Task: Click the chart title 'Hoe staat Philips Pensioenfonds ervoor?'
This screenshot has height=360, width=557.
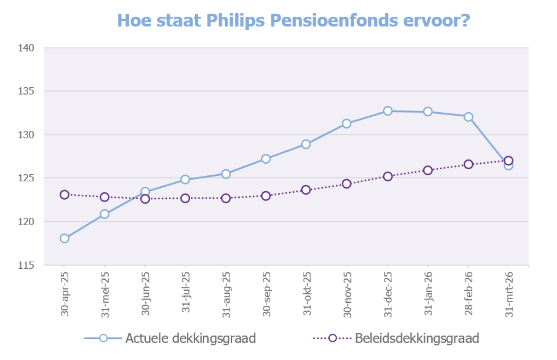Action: point(293,20)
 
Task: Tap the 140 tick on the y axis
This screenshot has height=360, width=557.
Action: point(26,48)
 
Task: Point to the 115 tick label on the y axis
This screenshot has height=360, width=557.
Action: point(26,265)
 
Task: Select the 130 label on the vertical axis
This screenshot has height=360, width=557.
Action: point(26,135)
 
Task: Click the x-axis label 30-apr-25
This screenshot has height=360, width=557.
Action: point(65,294)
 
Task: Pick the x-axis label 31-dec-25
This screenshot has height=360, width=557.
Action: point(388,294)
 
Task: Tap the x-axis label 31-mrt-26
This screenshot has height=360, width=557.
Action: point(509,294)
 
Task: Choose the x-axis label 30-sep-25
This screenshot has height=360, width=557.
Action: point(267,294)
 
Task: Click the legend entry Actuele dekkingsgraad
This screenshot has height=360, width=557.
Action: point(190,338)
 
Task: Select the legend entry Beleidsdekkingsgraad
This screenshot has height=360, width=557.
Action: point(416,338)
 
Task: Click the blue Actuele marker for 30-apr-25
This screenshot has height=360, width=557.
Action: point(65,238)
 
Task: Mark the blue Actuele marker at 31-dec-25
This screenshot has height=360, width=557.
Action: point(388,111)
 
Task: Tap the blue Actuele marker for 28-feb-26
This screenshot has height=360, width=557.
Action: point(469,117)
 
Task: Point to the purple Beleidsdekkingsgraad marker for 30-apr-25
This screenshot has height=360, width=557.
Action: point(65,195)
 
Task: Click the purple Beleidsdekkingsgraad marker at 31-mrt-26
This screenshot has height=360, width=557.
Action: point(509,160)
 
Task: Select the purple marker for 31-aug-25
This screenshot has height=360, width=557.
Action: point(226,198)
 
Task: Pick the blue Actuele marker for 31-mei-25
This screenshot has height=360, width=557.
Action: point(105,214)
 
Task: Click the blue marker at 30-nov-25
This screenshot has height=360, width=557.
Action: point(347,124)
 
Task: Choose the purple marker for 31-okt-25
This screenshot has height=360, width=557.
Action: point(306,189)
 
